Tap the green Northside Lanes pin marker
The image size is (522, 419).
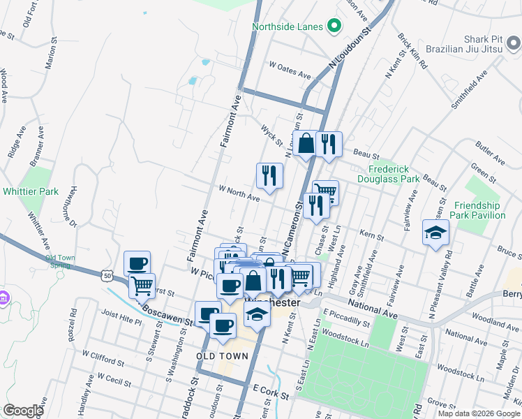click(x=334, y=27)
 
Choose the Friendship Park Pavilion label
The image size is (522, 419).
click(x=479, y=210)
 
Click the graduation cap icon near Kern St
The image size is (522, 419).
click(x=435, y=233)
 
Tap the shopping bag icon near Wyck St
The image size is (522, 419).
click(x=306, y=144)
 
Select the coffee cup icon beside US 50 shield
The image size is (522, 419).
click(x=137, y=263)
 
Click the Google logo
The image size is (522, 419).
click(x=23, y=411)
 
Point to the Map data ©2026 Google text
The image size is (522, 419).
click(x=478, y=413)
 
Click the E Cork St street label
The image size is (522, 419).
click(x=271, y=395)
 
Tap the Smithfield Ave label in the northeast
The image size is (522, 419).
click(x=471, y=90)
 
